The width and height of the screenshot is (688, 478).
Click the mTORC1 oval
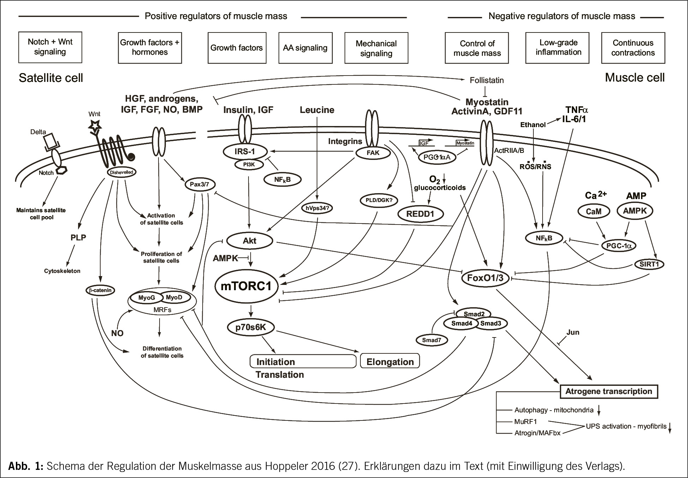tap(246, 286)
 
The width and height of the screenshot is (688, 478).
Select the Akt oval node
tap(250, 241)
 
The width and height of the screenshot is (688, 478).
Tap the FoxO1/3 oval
tap(485, 278)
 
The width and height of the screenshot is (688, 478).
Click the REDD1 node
tap(420, 214)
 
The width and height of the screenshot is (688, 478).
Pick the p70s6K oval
tap(251, 327)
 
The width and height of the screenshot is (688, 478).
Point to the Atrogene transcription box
tap(609, 391)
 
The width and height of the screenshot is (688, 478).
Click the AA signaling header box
tap(305, 48)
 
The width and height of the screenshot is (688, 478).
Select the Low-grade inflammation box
tap(558, 48)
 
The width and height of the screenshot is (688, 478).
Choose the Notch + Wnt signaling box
tap(50, 47)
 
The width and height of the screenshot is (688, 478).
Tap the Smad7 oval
tap(431, 340)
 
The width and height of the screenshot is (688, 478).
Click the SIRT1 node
tap(649, 264)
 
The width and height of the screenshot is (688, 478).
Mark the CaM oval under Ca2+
tap(593, 211)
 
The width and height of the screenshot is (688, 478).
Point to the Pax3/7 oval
tap(200, 184)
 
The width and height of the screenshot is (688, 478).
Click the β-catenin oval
tap(101, 291)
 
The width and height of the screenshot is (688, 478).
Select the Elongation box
tap(390, 362)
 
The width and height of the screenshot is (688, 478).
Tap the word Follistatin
tap(486, 80)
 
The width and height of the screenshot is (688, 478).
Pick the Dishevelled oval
tap(121, 172)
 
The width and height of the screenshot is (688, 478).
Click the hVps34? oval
tap(317, 208)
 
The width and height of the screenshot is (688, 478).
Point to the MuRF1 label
tap(525, 422)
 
